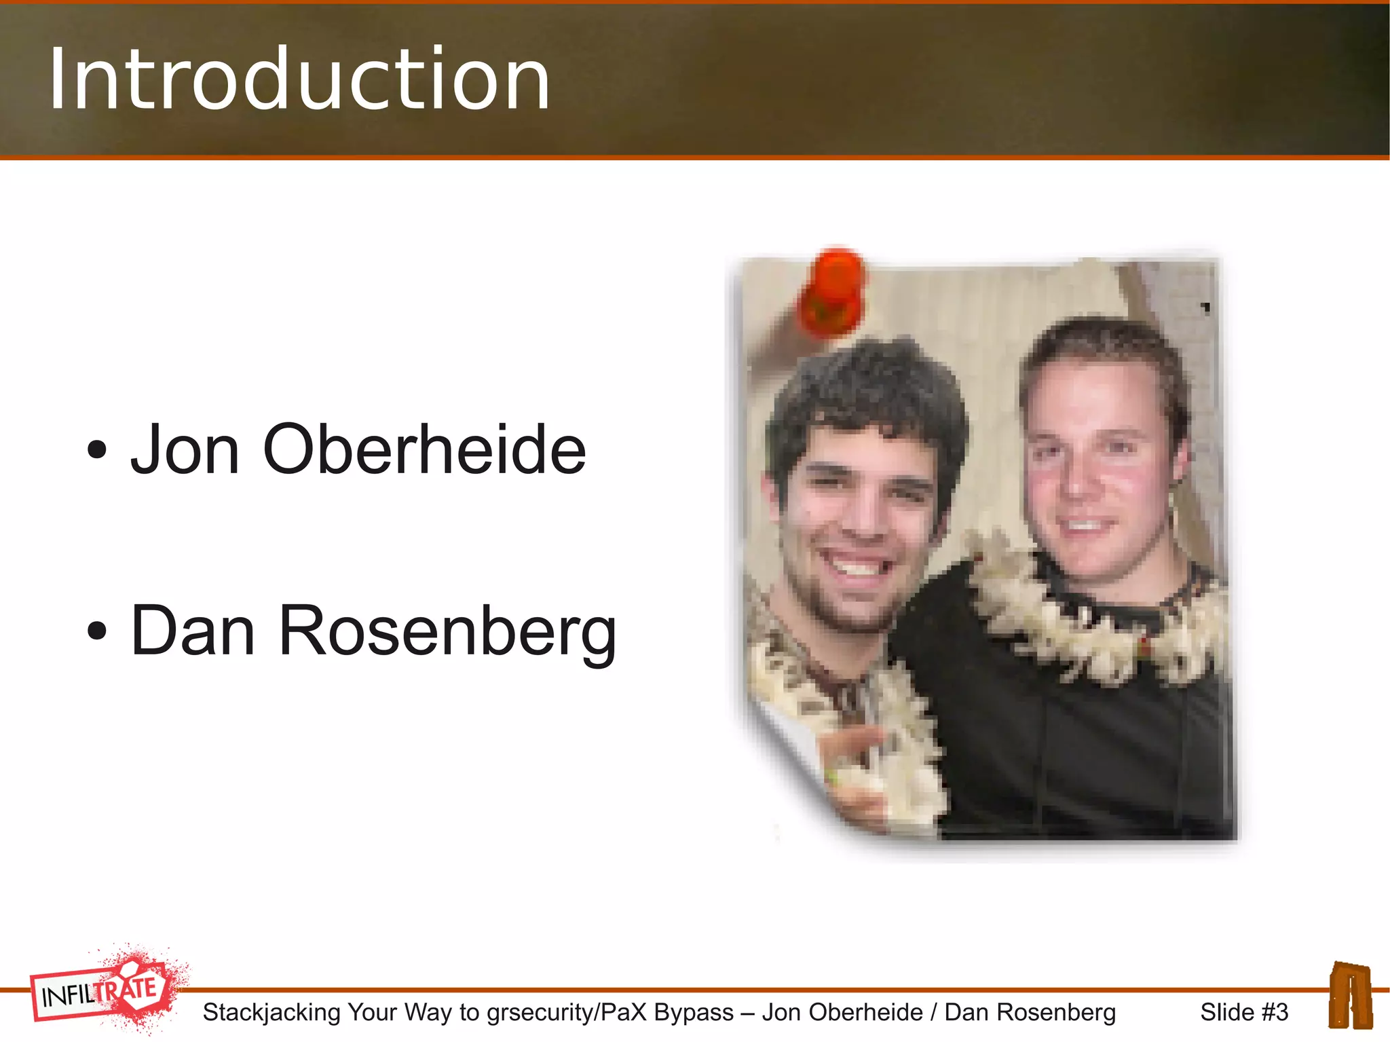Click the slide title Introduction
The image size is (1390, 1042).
[299, 79]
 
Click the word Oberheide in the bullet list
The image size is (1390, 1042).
[424, 449]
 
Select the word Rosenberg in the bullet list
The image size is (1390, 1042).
[447, 631]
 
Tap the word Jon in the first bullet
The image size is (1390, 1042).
[185, 449]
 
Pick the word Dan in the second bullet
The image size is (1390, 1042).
[193, 631]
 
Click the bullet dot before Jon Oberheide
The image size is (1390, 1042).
[97, 450]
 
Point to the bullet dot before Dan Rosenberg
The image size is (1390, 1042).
[97, 631]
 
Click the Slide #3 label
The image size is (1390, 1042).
[1243, 1012]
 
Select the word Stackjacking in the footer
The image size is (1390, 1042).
[271, 1012]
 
